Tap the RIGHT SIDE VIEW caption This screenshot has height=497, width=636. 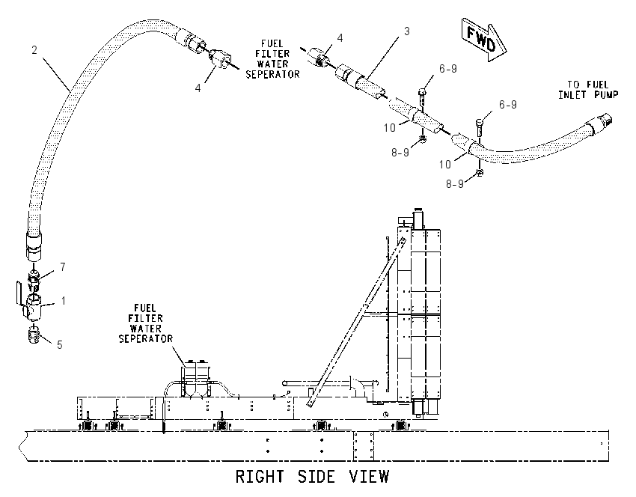[312, 476]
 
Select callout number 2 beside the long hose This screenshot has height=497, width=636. [34, 49]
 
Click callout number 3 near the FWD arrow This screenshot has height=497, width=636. [406, 31]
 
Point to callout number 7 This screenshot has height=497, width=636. [62, 267]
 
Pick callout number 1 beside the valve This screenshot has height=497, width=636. [64, 301]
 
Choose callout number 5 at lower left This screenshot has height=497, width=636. [60, 345]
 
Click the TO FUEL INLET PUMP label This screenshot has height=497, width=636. [587, 90]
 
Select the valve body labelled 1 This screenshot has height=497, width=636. [31, 305]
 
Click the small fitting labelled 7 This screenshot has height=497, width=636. [34, 278]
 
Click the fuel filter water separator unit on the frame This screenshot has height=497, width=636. [196, 378]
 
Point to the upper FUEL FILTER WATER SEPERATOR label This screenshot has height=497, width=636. [272, 59]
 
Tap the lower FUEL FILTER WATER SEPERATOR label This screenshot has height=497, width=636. [146, 324]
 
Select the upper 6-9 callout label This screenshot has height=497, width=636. [447, 69]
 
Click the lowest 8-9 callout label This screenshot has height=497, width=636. [455, 184]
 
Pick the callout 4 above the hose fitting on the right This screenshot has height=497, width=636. [340, 37]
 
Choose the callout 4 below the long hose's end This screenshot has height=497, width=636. [198, 88]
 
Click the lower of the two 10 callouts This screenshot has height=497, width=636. [445, 165]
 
